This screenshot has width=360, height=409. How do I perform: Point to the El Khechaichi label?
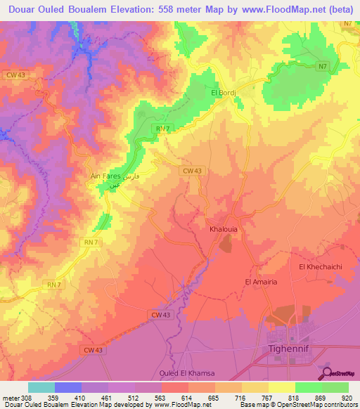click(x=321, y=267)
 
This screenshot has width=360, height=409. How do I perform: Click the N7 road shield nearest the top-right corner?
click(x=347, y=25)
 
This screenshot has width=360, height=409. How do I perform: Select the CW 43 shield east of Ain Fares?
click(x=192, y=171)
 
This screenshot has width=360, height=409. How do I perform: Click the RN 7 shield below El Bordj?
click(x=163, y=128)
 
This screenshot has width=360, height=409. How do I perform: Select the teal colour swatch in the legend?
click(x=41, y=387)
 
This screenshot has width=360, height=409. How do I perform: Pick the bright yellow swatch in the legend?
click(x=281, y=387)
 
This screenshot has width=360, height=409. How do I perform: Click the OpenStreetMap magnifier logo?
click(x=327, y=373)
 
